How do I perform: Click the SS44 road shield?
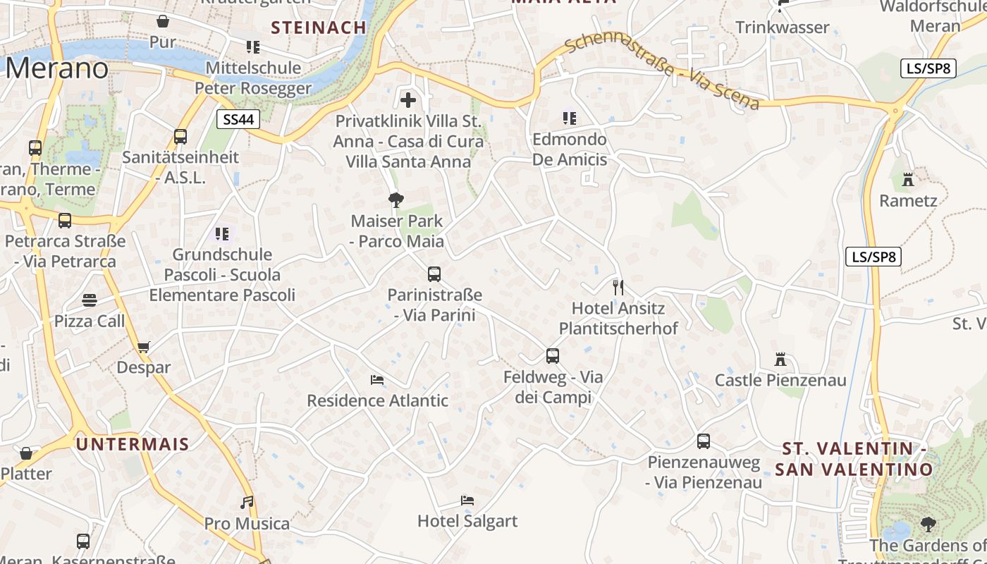click(x=238, y=119)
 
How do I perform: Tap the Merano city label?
click(x=58, y=68)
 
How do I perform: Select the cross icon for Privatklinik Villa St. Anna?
click(x=407, y=99)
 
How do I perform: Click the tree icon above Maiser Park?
click(x=396, y=200)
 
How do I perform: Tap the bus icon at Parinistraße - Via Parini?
click(x=434, y=274)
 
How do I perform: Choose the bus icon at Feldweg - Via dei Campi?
click(x=553, y=356)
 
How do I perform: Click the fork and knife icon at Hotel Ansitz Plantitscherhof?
click(x=618, y=287)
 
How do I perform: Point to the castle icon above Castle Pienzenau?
click(x=780, y=360)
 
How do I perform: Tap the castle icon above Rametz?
click(x=908, y=180)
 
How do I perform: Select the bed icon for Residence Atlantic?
click(x=377, y=380)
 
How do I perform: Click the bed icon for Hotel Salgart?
click(x=467, y=501)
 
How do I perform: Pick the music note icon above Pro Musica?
click(x=247, y=503)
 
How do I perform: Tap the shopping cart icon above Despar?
click(x=144, y=346)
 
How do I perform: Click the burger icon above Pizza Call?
click(x=90, y=300)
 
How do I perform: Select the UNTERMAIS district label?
click(x=133, y=444)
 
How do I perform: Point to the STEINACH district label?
click(x=319, y=27)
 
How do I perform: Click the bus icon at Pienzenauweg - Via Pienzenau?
click(x=704, y=441)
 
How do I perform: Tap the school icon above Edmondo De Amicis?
click(x=569, y=118)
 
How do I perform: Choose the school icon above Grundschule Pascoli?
click(x=222, y=233)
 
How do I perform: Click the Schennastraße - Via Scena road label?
click(x=663, y=72)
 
